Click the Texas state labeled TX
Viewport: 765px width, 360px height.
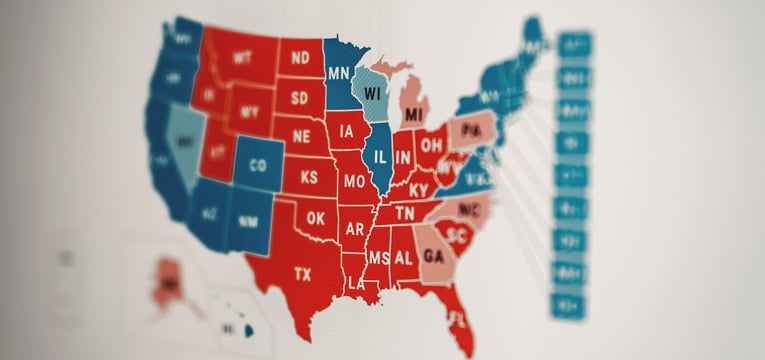tap(302, 273)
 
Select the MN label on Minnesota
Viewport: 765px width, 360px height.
tap(339, 73)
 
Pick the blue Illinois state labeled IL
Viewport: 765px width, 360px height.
tap(379, 157)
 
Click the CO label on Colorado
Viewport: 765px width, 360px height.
tap(258, 165)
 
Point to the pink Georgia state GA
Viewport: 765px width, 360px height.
tap(433, 255)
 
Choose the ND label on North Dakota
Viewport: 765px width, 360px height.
tap(300, 57)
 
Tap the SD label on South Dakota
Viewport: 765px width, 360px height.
tap(300, 98)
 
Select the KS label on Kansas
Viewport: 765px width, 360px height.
tap(309, 177)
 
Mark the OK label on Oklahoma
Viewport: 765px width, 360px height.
tap(316, 217)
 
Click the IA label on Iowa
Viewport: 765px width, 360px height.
tap(347, 131)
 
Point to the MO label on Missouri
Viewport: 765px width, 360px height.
tap(353, 183)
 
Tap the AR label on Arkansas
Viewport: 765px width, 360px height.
tap(355, 228)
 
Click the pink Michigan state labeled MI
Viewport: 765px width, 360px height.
tap(414, 115)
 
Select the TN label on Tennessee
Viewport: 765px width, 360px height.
tap(404, 213)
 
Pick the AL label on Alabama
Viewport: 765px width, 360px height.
tap(404, 257)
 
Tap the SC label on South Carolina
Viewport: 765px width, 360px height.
tap(459, 236)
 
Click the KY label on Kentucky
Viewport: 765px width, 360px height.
tap(419, 190)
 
